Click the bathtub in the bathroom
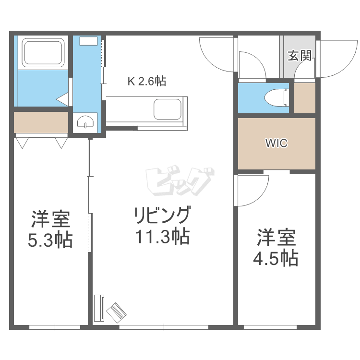43,53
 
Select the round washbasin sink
85,122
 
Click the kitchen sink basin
168,109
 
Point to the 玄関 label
300,56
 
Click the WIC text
276,143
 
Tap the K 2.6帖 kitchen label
147,81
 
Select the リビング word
162,215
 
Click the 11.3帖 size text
162,236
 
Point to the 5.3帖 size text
50,240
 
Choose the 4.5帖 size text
276,258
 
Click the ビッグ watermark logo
180,180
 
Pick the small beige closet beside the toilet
304,98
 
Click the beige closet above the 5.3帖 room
41,122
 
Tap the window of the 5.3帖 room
55,327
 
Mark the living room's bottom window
164,327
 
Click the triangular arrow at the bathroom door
63,99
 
